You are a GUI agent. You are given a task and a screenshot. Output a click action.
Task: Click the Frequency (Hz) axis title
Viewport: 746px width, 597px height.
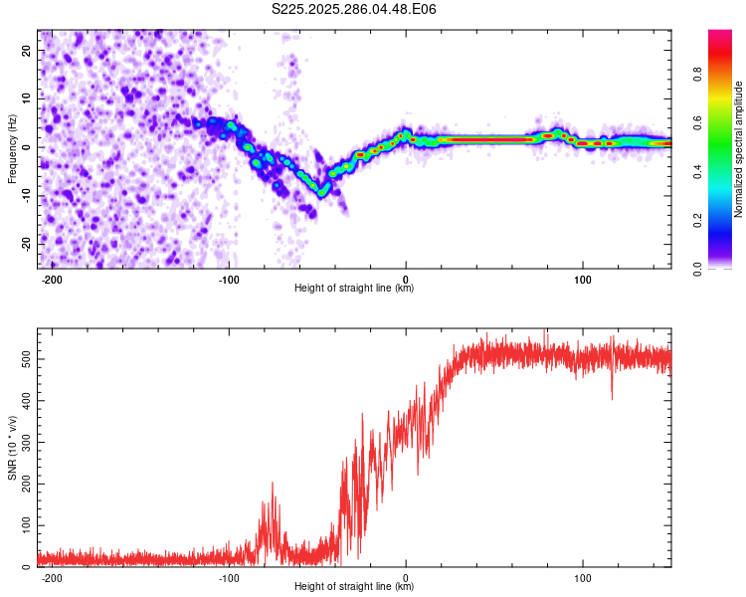pyautogui.click(x=12, y=148)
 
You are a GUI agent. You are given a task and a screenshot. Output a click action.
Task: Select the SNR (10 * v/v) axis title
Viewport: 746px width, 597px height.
pyautogui.click(x=12, y=448)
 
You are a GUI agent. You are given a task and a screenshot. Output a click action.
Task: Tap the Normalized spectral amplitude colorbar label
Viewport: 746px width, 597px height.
pyautogui.click(x=739, y=149)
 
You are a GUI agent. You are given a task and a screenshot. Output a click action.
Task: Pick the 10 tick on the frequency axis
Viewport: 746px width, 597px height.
pyautogui.click(x=28, y=99)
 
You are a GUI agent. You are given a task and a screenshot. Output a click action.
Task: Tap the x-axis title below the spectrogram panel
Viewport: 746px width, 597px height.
pyautogui.click(x=354, y=288)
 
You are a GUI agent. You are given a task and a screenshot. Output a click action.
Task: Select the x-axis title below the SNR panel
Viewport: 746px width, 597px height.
pyautogui.click(x=354, y=586)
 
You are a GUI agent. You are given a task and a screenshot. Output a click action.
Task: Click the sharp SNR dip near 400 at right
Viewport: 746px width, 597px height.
pyautogui.click(x=612, y=396)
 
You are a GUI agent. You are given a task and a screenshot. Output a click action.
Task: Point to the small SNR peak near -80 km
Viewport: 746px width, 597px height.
pyautogui.click(x=272, y=486)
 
